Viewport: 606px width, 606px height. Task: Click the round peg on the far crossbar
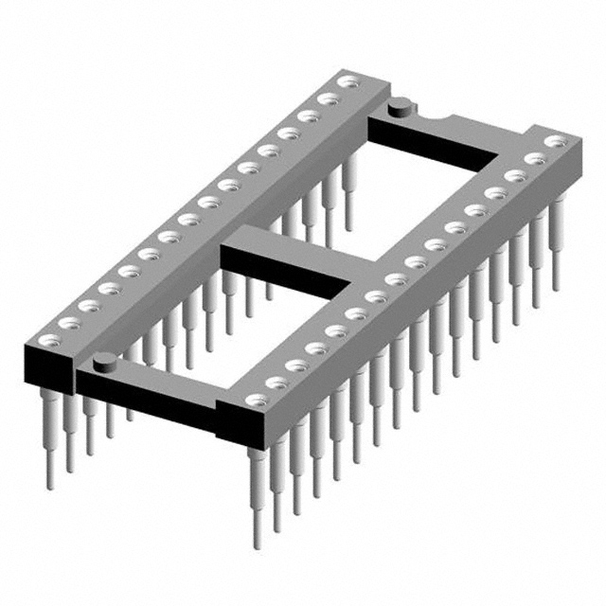click(400, 105)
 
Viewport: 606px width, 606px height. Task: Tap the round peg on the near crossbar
click(105, 359)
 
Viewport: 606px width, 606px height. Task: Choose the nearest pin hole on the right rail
click(254, 401)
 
